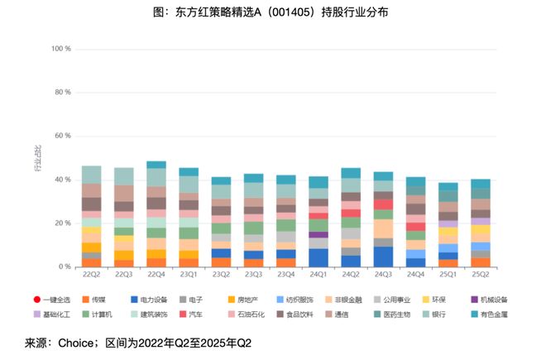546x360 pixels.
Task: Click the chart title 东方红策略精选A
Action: coord(272,12)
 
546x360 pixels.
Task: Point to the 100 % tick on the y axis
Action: coord(61,49)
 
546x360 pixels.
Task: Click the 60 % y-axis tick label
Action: coord(63,136)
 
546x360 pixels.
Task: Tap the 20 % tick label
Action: coord(63,223)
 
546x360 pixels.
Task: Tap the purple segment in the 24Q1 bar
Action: coord(318,234)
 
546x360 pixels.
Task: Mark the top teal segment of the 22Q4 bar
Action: coord(156,165)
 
